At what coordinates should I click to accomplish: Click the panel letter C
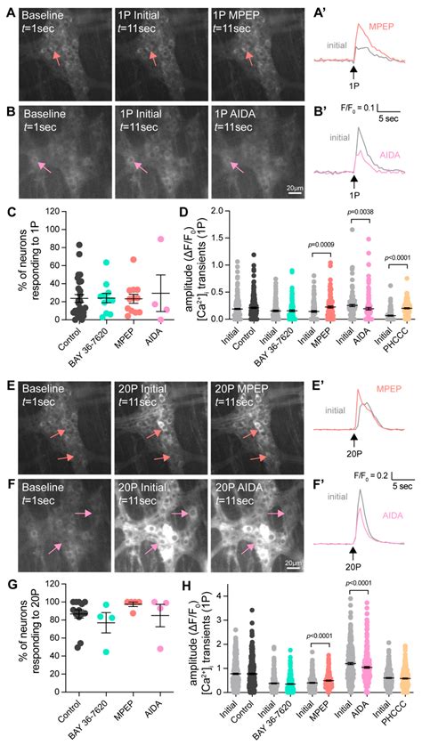coord(8,214)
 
